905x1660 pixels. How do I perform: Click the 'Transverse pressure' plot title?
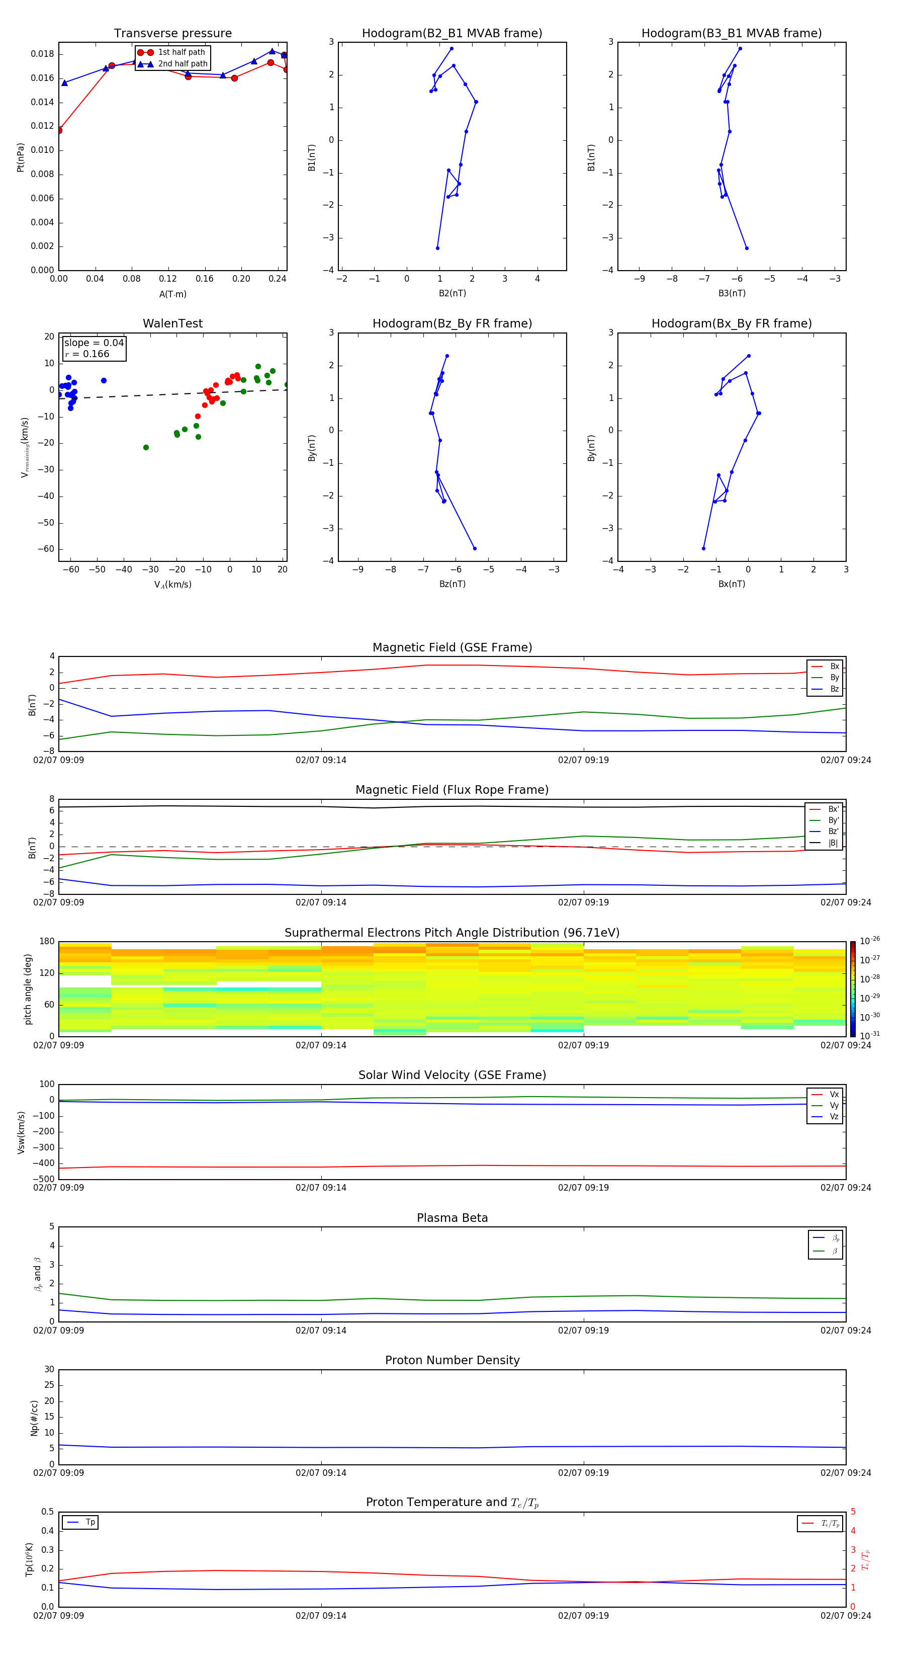(x=172, y=34)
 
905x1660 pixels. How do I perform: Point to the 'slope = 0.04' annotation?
(x=94, y=343)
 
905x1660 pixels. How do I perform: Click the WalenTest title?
(x=172, y=323)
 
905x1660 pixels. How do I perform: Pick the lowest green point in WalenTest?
(x=146, y=447)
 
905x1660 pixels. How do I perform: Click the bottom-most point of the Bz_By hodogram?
(x=475, y=548)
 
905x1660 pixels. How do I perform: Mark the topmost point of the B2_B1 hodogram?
(x=451, y=48)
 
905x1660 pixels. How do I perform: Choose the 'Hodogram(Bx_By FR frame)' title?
(x=731, y=323)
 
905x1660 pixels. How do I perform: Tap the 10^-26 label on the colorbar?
(x=869, y=940)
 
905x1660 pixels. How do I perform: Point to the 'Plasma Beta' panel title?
(x=452, y=1218)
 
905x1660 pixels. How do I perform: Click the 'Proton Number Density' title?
(x=452, y=1360)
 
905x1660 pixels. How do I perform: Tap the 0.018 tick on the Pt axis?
(x=43, y=54)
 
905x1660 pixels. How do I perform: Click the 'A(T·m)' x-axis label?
(x=172, y=294)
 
